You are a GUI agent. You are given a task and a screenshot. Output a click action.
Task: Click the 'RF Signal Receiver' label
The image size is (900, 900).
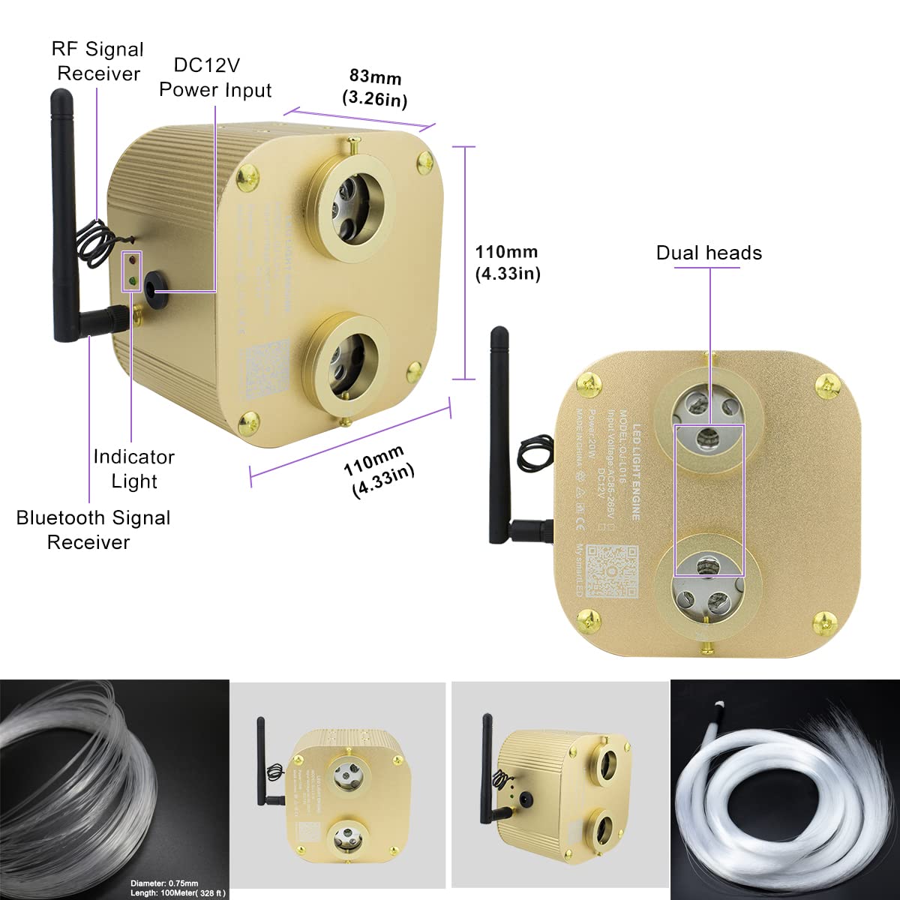click(x=98, y=61)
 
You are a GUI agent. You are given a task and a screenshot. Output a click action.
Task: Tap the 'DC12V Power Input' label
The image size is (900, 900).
click(x=215, y=77)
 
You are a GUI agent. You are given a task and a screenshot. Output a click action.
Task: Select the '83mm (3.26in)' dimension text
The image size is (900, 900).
click(x=374, y=88)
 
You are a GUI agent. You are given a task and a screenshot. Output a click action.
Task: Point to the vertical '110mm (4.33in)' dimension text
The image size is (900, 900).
click(x=508, y=262)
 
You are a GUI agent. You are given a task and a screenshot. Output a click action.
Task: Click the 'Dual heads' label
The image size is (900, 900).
click(x=709, y=253)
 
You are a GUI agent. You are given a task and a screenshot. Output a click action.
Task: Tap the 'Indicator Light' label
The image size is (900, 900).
click(x=133, y=469)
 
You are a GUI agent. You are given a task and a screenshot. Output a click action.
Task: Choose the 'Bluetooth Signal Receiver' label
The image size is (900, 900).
click(x=93, y=529)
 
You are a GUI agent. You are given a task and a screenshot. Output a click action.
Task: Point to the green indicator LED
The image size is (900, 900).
click(x=132, y=283)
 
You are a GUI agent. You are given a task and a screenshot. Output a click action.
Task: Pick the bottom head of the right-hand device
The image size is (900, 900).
click(x=709, y=581)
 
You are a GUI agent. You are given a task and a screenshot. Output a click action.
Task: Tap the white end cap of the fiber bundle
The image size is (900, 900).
click(x=718, y=705)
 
